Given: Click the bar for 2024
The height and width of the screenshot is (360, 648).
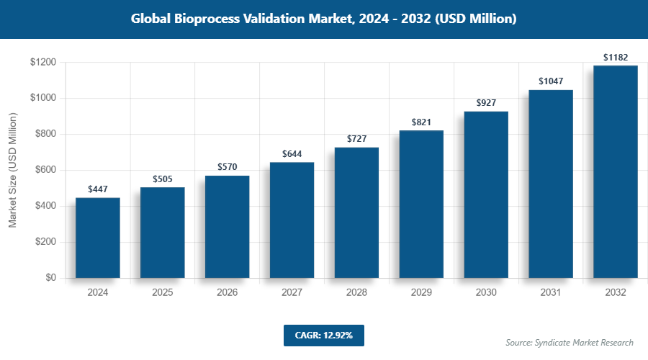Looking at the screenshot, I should pos(98,238).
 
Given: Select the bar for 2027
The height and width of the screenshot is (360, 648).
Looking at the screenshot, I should pos(292,220).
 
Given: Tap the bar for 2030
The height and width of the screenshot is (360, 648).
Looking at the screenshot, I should pos(486,194).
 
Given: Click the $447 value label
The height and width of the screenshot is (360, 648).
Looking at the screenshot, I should pos(98,189).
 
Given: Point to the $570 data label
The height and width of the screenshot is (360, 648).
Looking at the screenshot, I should pos(228,167).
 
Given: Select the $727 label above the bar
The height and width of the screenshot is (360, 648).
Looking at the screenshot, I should pos(357,138).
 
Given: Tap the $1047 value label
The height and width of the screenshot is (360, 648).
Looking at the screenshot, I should pos(551,81).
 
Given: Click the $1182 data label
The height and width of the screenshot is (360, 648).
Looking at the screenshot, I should pos(616,57).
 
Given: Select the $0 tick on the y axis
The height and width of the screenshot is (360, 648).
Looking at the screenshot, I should pos(51,278).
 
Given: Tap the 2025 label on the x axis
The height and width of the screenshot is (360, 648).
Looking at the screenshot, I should pos(163,293).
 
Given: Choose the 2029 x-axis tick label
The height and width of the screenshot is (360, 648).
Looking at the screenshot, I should pos(421,293).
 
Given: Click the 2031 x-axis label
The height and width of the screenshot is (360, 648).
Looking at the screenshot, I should pos(551,293).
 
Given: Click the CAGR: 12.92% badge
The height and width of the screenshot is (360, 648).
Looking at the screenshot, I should pos(323,336).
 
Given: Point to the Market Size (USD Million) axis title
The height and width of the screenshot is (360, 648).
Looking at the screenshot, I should pos(13,170).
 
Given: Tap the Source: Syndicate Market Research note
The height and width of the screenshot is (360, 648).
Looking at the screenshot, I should pos(569,343).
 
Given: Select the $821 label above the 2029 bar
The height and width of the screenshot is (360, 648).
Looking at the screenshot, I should pos(421,122).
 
